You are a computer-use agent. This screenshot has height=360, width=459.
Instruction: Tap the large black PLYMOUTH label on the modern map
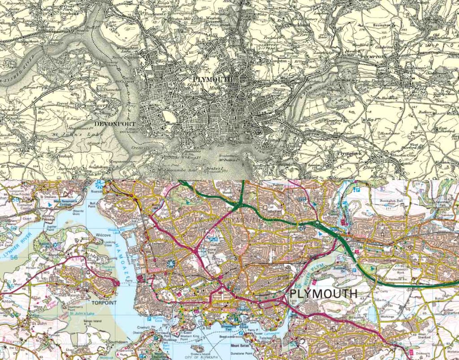pyautogui.click(x=324, y=294)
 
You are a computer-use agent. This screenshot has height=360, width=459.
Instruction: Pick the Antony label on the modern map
pyautogui.click(x=7, y=301)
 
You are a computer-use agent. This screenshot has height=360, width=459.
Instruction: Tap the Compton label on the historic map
pyautogui.click(x=278, y=60)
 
